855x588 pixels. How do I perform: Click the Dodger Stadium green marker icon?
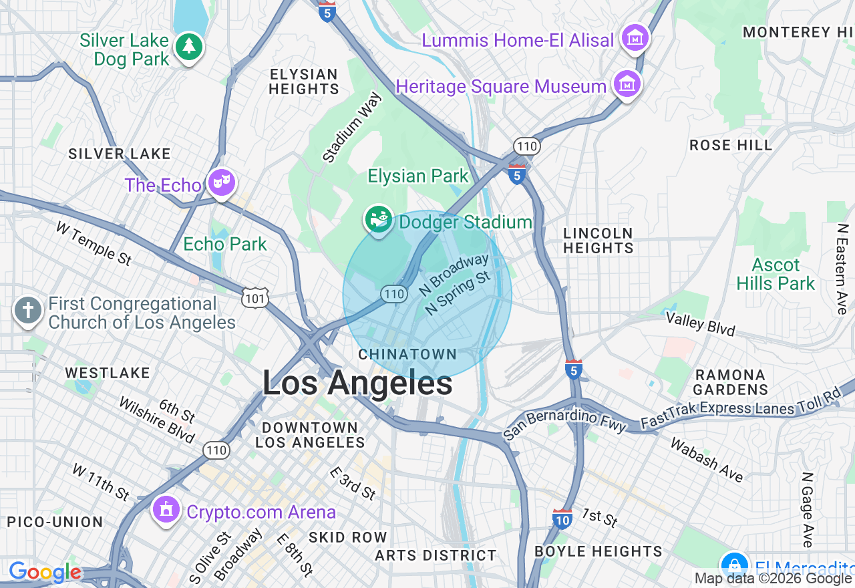tap(378, 219)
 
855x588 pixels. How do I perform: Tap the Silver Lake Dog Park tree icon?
tap(189, 46)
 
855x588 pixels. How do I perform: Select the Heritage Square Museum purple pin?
tap(627, 86)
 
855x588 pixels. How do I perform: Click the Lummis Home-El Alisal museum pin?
tap(635, 38)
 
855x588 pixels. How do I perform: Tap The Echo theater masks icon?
tap(221, 182)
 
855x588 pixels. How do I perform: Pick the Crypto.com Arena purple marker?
tap(166, 510)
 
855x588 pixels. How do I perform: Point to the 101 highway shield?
tap(256, 297)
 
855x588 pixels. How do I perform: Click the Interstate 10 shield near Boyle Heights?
tap(562, 519)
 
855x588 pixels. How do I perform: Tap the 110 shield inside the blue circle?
tap(394, 293)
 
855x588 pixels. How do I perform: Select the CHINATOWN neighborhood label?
tap(407, 354)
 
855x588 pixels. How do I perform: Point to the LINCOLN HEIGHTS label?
tap(598, 241)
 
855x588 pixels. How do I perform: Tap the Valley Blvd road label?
tap(700, 323)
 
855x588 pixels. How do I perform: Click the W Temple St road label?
tap(94, 244)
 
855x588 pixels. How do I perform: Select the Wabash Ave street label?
tap(707, 460)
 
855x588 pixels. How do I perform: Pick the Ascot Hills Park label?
tap(776, 274)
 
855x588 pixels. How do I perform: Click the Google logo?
tap(44, 572)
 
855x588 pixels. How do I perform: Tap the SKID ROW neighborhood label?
tap(347, 537)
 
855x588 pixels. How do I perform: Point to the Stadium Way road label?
tap(352, 128)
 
